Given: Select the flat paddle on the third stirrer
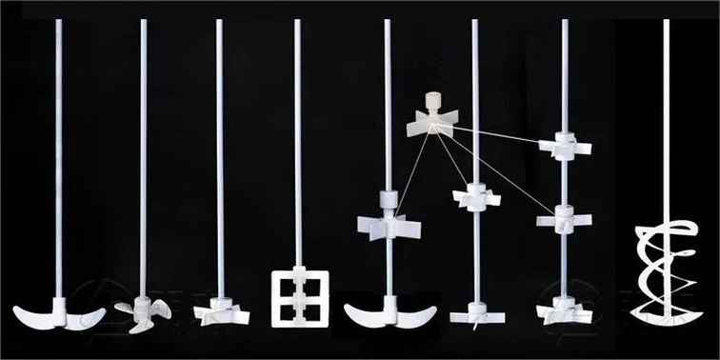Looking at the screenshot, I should pos(220,311).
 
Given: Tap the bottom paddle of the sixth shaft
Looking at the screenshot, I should pos(475,311).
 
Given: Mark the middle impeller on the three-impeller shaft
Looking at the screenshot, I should pos(564,218).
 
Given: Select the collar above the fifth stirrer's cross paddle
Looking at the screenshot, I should pos(387,200).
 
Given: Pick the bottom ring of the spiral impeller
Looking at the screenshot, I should pos(666,312).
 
